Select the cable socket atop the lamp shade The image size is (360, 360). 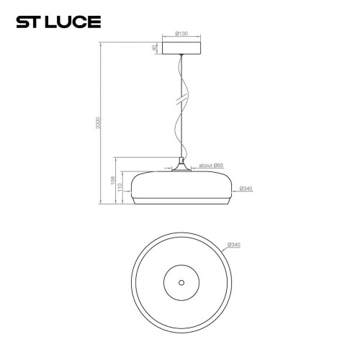click(x=181, y=165)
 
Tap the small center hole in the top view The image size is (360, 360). click(x=181, y=281)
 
